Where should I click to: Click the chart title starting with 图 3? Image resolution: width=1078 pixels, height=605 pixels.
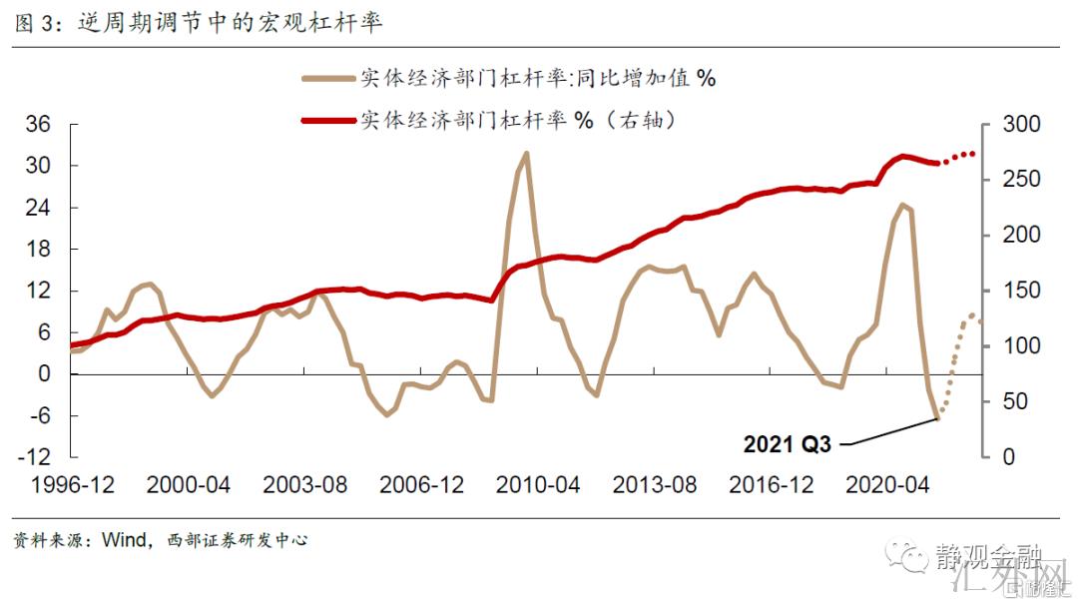(x=200, y=22)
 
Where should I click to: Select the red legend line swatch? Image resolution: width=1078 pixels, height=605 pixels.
(x=328, y=120)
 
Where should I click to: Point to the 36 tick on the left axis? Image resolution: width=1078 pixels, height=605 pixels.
(x=38, y=125)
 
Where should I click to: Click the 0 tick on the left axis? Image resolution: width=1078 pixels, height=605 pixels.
(x=45, y=374)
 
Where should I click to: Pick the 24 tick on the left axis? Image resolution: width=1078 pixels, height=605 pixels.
(x=38, y=208)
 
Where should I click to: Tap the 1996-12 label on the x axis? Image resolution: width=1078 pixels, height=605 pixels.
(x=72, y=486)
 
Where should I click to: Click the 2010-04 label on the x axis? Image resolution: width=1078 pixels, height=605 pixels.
(x=538, y=486)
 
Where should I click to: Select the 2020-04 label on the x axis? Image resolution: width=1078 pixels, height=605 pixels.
(x=888, y=486)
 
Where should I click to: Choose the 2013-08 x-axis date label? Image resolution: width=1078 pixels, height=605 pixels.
(x=655, y=486)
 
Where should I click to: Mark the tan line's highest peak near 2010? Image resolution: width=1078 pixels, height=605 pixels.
(x=526, y=154)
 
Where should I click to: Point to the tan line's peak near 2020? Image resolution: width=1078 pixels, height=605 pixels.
(x=901, y=206)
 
